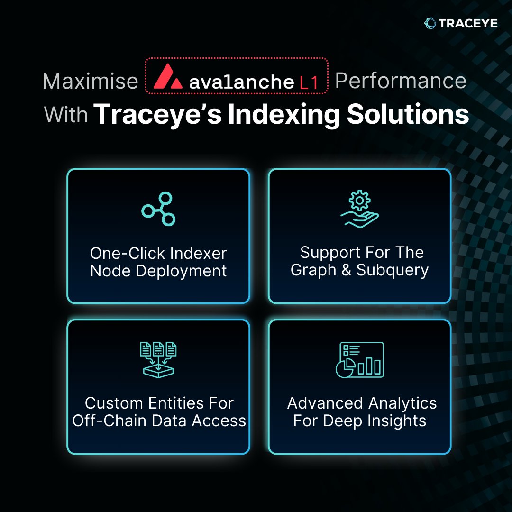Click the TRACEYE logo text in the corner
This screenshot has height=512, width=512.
pyautogui.click(x=468, y=23)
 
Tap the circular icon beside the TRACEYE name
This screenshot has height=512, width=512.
pyautogui.click(x=430, y=23)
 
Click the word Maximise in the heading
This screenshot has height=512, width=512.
pyautogui.click(x=90, y=82)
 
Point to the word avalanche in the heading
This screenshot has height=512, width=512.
pyautogui.click(x=241, y=82)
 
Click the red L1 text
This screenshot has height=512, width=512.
pyautogui.click(x=309, y=82)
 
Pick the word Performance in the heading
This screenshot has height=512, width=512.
pyautogui.click(x=401, y=81)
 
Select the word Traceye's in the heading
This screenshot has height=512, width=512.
pyautogui.click(x=157, y=115)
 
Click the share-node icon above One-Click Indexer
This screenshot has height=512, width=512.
pyautogui.click(x=158, y=209)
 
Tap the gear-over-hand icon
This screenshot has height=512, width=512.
pyautogui.click(x=360, y=209)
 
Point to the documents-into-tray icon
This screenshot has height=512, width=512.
pyautogui.click(x=158, y=359)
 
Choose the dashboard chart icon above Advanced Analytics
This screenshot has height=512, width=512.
pyautogui.click(x=359, y=359)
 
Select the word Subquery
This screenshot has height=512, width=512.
pyautogui.click(x=393, y=270)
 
